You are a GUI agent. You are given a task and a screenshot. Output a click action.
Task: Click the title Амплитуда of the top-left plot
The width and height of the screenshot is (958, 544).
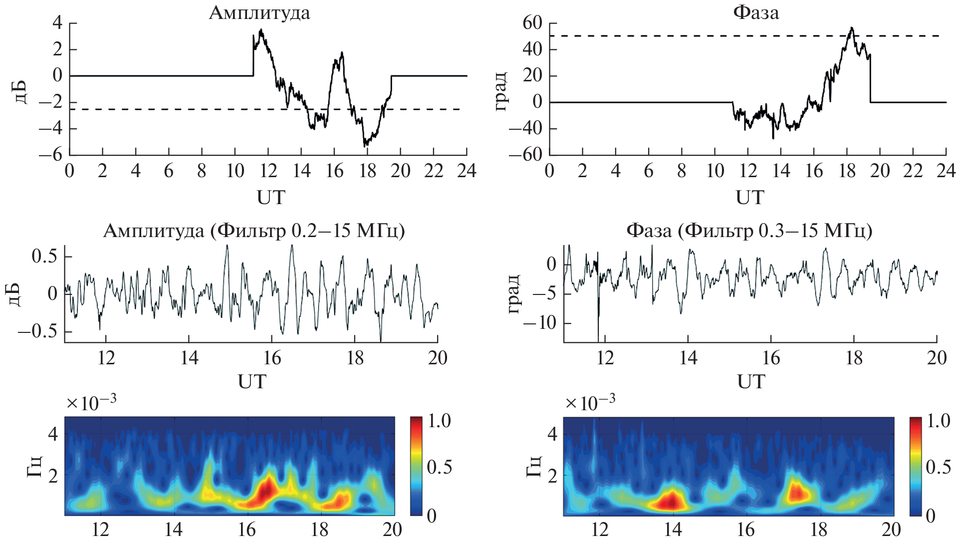(259, 12)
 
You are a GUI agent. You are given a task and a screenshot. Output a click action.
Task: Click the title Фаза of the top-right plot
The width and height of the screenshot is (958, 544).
(755, 12)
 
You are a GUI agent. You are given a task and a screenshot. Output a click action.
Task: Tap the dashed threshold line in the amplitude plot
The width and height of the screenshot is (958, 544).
(150, 109)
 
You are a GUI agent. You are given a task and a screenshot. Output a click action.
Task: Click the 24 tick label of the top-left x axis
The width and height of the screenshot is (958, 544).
(467, 171)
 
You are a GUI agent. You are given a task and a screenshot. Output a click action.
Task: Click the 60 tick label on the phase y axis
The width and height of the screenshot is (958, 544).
(532, 23)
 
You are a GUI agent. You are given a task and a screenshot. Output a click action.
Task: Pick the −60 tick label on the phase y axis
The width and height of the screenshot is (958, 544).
(525, 155)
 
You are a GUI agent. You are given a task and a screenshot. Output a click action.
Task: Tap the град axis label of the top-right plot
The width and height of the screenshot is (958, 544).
(500, 91)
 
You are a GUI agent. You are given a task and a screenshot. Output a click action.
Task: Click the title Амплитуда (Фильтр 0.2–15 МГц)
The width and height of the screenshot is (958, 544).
(253, 231)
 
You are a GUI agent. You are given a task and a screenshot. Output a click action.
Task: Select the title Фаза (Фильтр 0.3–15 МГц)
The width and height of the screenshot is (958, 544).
(749, 231)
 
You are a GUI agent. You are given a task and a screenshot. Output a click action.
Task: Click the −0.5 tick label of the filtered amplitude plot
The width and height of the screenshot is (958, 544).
(38, 331)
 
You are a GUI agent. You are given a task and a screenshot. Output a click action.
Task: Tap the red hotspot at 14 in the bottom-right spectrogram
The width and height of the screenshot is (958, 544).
(671, 501)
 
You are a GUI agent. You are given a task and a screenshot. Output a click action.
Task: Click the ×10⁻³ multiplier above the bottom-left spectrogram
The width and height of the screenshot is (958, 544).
(91, 402)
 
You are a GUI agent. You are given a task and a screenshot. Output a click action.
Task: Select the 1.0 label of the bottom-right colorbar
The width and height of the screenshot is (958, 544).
(938, 421)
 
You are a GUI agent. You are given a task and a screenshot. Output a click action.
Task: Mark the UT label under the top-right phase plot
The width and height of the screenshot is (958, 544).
(749, 198)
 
